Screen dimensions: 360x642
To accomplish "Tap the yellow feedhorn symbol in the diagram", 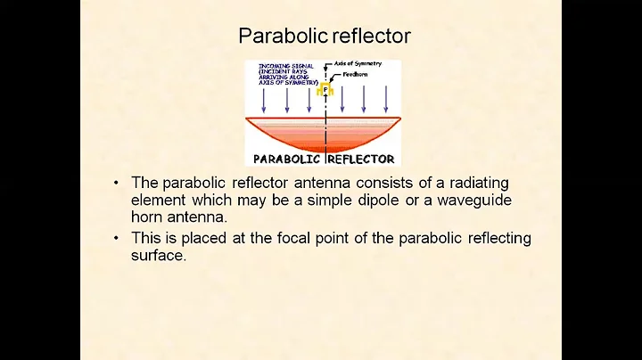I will (x=325, y=89).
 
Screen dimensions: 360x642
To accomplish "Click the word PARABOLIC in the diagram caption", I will (x=287, y=159).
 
